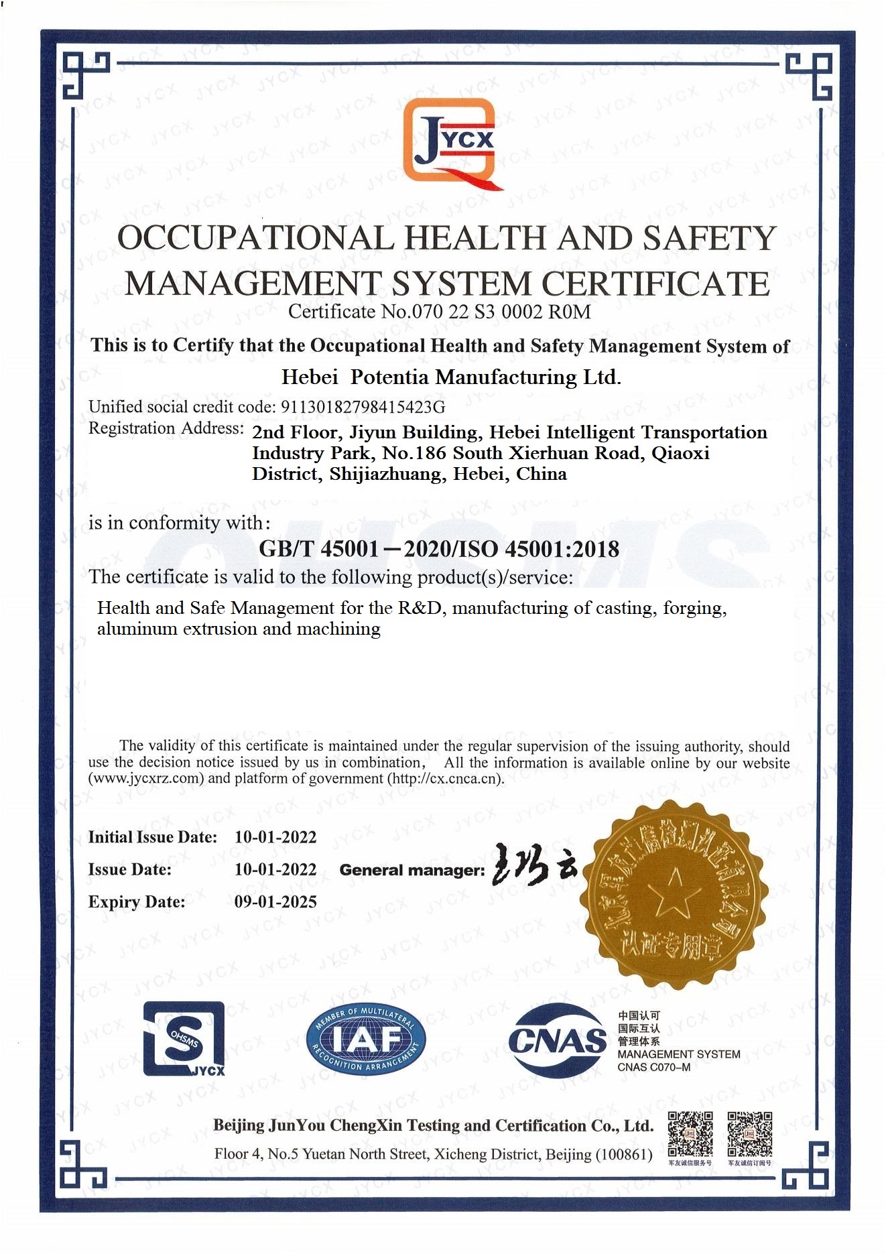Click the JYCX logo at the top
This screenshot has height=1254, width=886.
[450, 143]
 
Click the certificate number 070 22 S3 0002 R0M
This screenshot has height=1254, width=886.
[486, 312]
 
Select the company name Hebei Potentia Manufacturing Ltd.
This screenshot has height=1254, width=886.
[451, 377]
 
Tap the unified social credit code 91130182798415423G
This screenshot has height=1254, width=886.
[362, 407]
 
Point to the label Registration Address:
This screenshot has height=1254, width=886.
[166, 428]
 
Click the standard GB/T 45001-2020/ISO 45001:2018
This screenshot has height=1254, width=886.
[439, 549]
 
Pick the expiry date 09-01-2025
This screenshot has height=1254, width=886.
[275, 902]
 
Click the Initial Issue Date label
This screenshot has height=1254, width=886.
[153, 837]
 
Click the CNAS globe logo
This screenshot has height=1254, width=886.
[557, 1040]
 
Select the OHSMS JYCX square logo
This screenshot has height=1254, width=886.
[184, 1038]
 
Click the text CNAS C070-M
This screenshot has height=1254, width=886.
[653, 1067]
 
